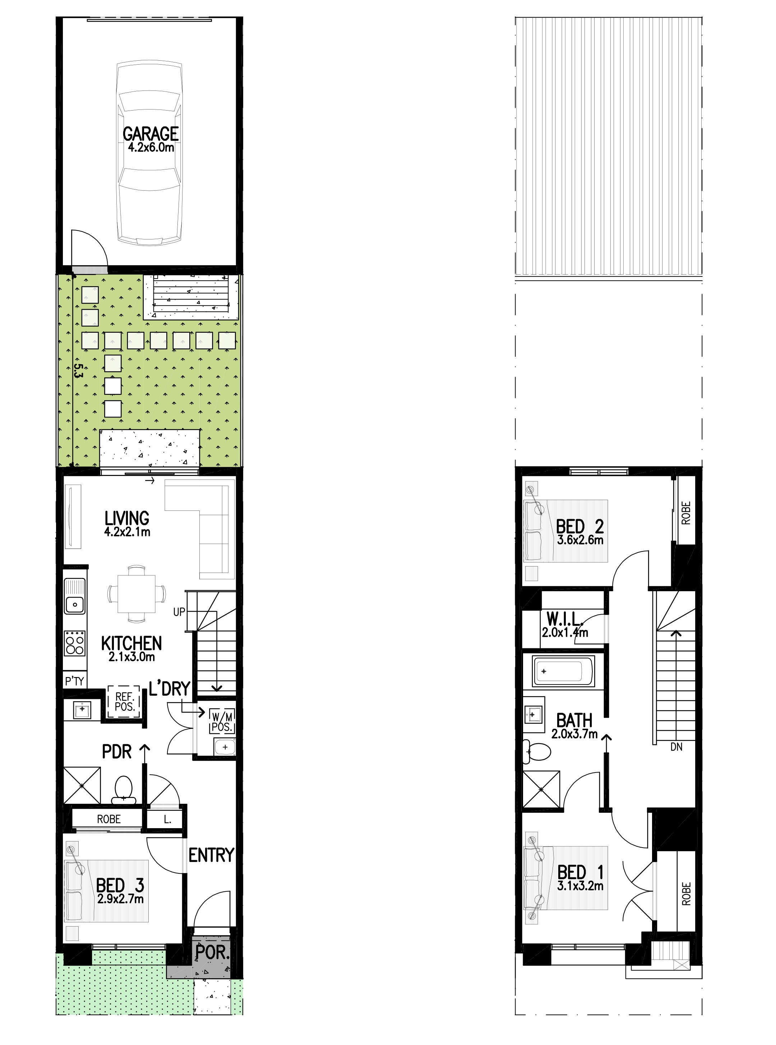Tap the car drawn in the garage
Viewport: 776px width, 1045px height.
pyautogui.click(x=149, y=153)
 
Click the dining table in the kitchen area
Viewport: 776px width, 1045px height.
pyautogui.click(x=136, y=594)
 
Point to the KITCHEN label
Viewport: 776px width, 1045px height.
pyautogui.click(x=131, y=643)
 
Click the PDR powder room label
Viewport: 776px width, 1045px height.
pyautogui.click(x=116, y=752)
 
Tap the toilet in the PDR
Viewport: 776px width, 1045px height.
pyautogui.click(x=124, y=789)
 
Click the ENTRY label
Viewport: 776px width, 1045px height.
pyautogui.click(x=211, y=855)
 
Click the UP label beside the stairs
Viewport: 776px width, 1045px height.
pyautogui.click(x=179, y=612)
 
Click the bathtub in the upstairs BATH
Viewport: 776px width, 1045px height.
pyautogui.click(x=564, y=672)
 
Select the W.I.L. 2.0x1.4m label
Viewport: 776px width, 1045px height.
pyautogui.click(x=565, y=625)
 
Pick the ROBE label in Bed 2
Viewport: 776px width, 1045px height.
pyautogui.click(x=686, y=513)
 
